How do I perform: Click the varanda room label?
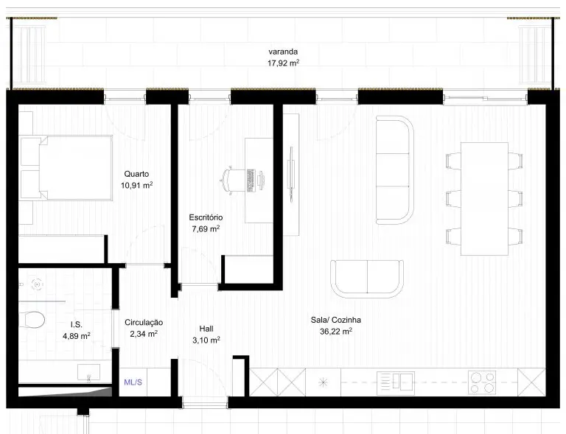coord(283,52)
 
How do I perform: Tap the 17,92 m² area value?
coord(283,63)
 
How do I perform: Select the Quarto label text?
coord(136,174)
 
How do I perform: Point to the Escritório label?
coord(206,217)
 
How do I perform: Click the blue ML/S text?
coord(133,382)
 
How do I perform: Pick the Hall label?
coord(206,329)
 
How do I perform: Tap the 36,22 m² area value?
coord(336,331)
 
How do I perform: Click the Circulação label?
coord(144,323)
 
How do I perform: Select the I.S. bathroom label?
coord(76,325)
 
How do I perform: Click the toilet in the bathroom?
coord(32,320)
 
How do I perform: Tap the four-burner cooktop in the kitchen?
coord(482,382)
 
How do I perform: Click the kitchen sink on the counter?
coord(396,383)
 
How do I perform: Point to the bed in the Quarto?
coord(66,168)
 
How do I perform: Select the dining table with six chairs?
coord(484,199)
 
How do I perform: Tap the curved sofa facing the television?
coord(394,170)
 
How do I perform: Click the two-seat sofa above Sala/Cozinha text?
coord(367,279)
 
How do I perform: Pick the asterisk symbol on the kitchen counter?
coord(323,382)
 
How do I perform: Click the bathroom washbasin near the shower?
coord(88,373)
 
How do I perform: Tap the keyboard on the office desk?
coord(250,180)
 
